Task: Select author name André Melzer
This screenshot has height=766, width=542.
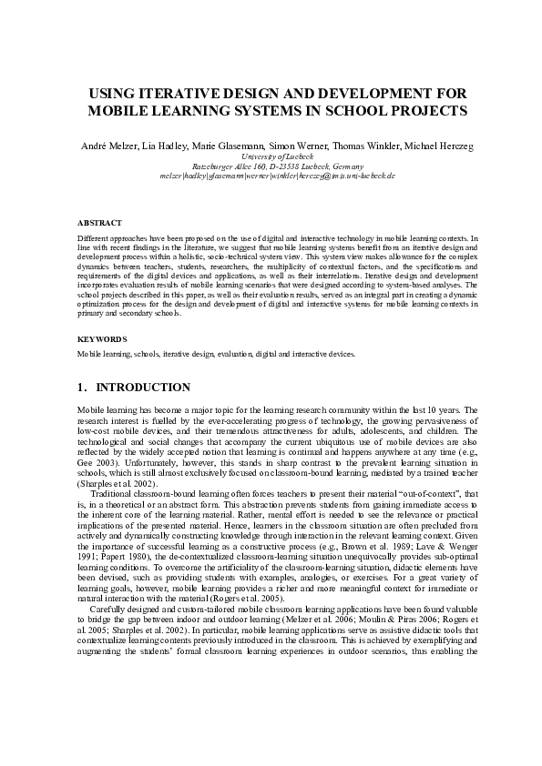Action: point(107,146)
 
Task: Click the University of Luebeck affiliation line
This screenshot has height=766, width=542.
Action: point(271,156)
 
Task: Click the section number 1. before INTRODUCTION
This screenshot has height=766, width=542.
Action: point(83,388)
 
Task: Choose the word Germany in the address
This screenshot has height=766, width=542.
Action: point(344,166)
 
